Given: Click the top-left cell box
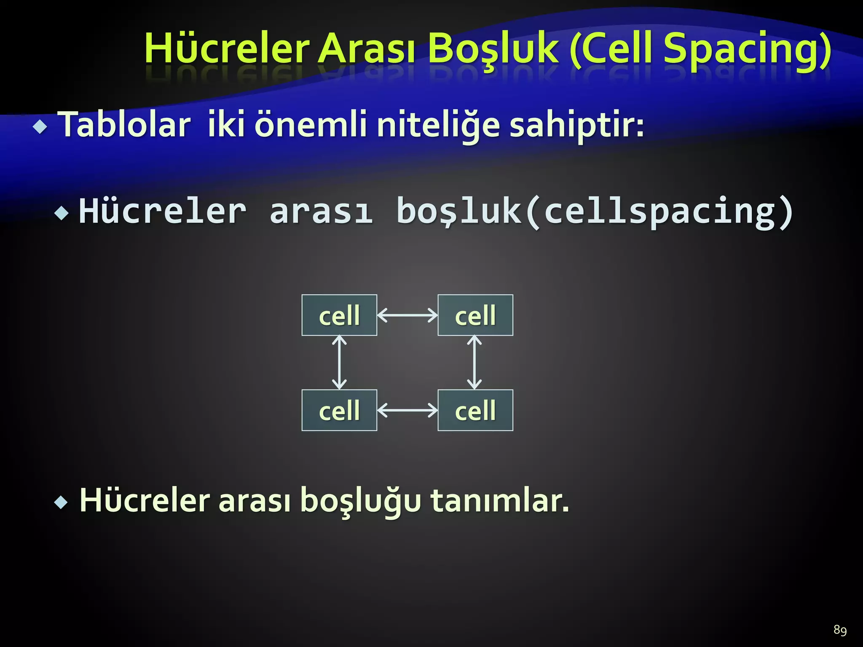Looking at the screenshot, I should pos(339,315).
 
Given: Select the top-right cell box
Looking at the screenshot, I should pos(475,315).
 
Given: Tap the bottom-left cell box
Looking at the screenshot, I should pos(339,410).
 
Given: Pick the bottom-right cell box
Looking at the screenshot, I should pos(475,410).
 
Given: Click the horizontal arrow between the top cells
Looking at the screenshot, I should pos(407,315).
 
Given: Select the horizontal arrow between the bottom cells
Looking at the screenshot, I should pos(407,410).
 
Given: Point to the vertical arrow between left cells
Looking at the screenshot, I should pos(339,362).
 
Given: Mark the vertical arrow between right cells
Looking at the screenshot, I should pos(474,362).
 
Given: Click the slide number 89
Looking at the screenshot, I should pos(840,630).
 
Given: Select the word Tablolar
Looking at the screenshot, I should pos(126,125).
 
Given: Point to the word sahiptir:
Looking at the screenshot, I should pos(576,125).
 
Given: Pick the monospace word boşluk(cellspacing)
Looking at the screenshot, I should pos(594,211).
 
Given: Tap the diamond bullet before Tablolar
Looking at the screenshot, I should pos(40,127).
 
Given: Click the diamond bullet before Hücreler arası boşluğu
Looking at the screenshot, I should pos(61,502).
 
